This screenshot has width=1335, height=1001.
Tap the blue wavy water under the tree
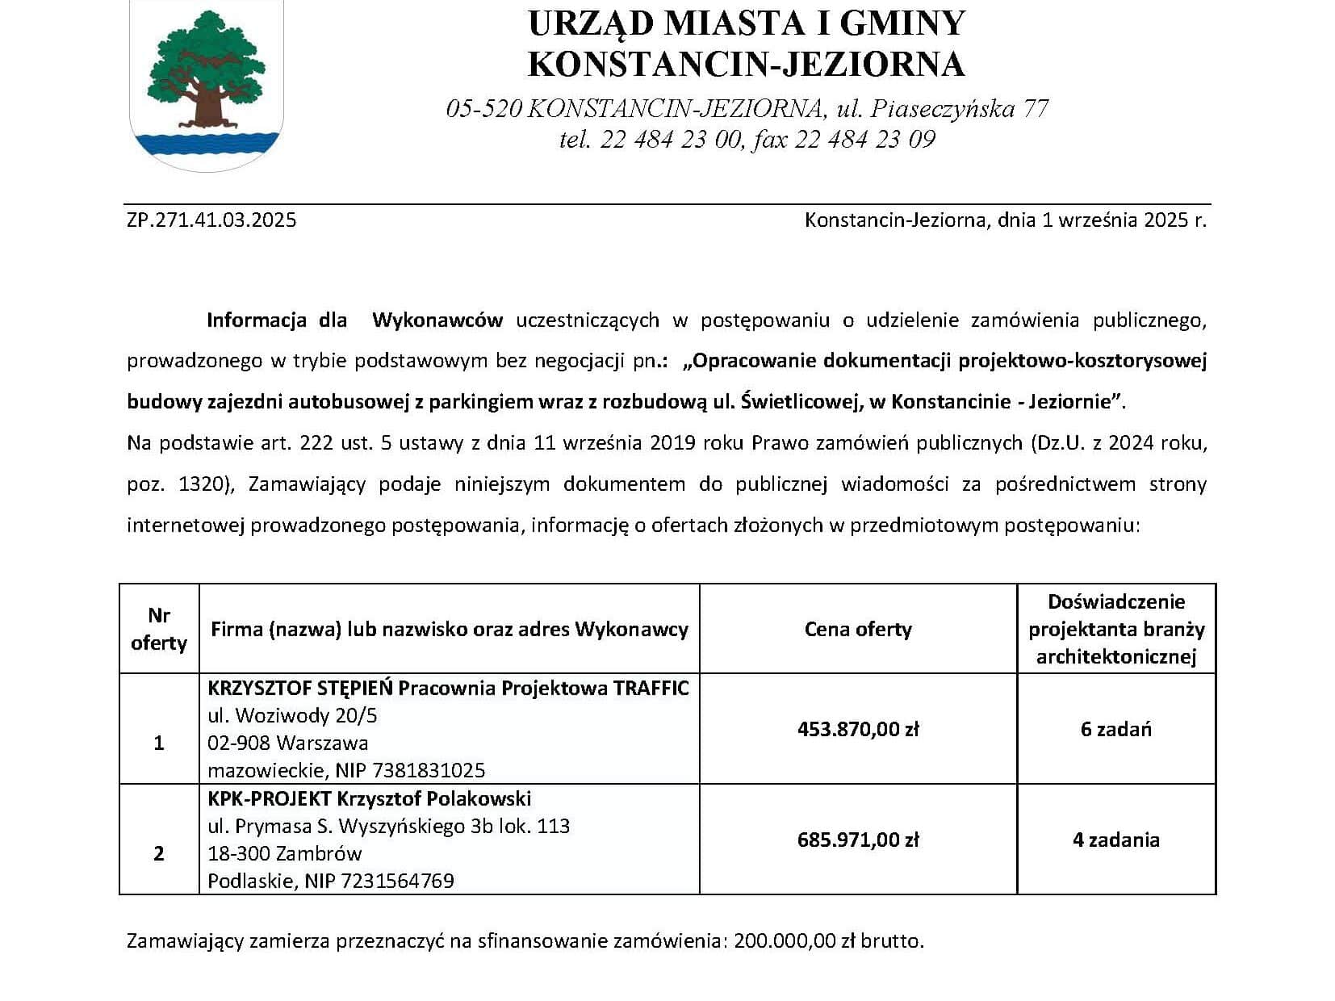(x=207, y=145)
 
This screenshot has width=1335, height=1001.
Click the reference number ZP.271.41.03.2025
(x=211, y=220)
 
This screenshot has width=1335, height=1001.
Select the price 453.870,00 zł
(x=857, y=729)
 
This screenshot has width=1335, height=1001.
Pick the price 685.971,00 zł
(x=857, y=840)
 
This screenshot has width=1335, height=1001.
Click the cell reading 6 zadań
(x=1115, y=729)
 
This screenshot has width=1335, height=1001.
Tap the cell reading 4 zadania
(x=1115, y=840)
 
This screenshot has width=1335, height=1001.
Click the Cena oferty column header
(x=857, y=629)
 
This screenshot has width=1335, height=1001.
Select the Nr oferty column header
(x=159, y=629)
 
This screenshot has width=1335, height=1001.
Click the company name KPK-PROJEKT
(x=269, y=798)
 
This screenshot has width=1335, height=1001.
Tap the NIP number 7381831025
(x=436, y=770)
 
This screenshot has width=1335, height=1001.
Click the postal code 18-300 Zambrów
(x=284, y=853)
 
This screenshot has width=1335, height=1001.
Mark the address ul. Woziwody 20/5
(x=292, y=715)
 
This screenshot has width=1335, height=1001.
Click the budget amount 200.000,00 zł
(x=795, y=941)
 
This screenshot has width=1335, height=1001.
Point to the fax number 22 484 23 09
(x=865, y=140)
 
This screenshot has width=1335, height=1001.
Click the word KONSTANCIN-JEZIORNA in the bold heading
(x=746, y=64)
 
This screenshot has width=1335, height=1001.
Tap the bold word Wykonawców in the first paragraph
(x=437, y=320)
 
